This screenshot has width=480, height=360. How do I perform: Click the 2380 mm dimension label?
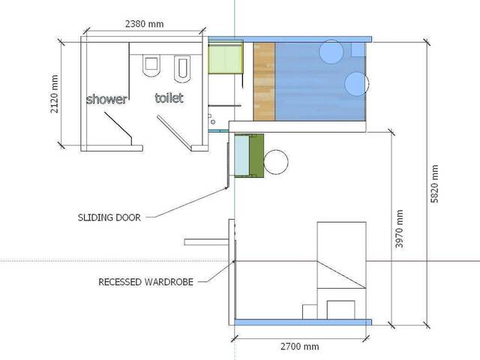click(143, 24)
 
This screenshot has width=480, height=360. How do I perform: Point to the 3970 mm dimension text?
click(400, 228)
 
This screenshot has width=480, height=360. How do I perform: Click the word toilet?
click(169, 98)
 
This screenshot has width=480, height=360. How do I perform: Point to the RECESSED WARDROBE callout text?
click(146, 283)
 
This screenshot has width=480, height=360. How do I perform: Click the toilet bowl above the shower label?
click(150, 64)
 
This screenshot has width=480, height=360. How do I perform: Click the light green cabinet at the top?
click(224, 59)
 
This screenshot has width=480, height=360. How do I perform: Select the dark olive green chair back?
click(256, 155)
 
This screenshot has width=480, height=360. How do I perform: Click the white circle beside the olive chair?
click(276, 162)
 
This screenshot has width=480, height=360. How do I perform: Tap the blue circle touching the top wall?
click(331, 52)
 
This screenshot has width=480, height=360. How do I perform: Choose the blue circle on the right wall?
click(356, 83)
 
